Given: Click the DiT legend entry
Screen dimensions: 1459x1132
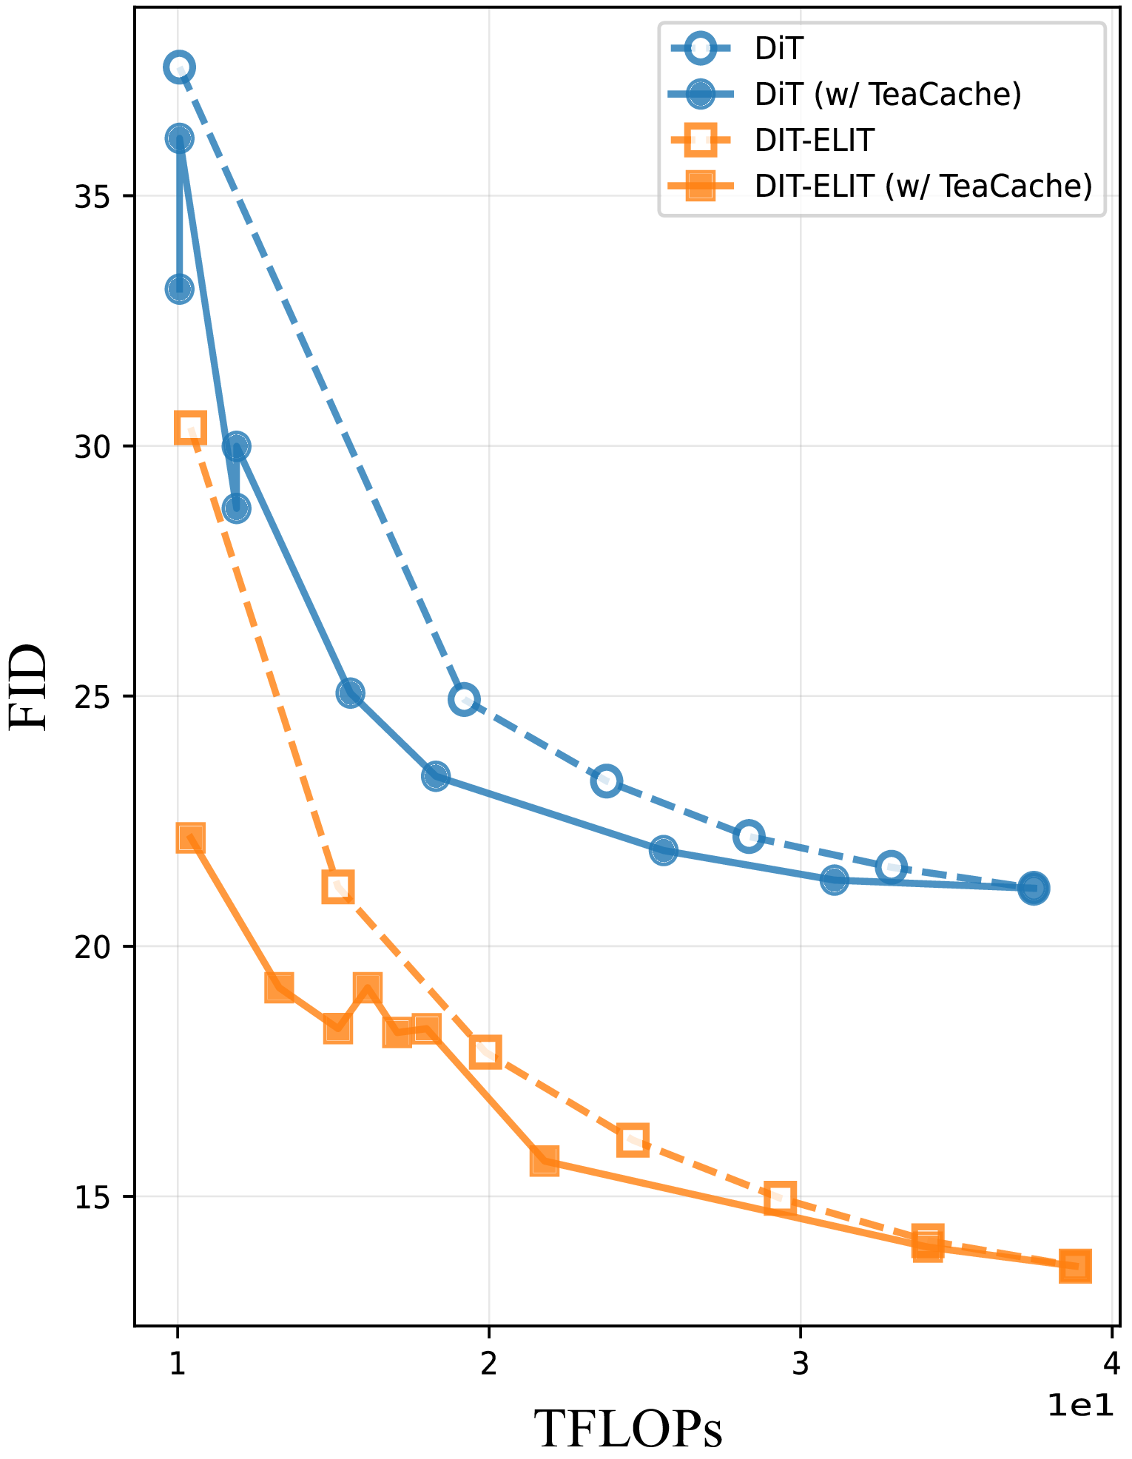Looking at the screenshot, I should pos(778,50).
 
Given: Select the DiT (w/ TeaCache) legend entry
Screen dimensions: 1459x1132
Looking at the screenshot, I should pos(887,95).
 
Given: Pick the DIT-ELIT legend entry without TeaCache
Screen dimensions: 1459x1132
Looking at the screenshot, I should pos(814,140).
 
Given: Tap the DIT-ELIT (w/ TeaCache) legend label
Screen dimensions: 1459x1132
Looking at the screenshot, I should pos(923,186).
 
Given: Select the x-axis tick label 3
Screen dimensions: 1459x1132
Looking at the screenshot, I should pos(801,1364).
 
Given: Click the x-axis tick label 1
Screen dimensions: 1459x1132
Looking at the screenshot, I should pos(177,1364).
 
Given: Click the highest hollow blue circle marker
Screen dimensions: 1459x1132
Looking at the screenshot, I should pos(179,67).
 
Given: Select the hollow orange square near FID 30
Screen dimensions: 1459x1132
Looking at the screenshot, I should pos(190,428).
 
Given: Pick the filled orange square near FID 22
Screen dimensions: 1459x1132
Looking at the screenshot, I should pos(190,838).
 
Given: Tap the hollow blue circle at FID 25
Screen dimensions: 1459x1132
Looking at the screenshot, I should pos(464,699).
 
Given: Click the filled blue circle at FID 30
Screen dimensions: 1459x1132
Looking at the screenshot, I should pos(235,446).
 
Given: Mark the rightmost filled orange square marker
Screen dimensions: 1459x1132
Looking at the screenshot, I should pos(1074,1266).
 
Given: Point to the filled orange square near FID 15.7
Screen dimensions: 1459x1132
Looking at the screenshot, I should pos(545,1162).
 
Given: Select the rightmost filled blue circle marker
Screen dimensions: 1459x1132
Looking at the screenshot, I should pos(1034,888).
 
